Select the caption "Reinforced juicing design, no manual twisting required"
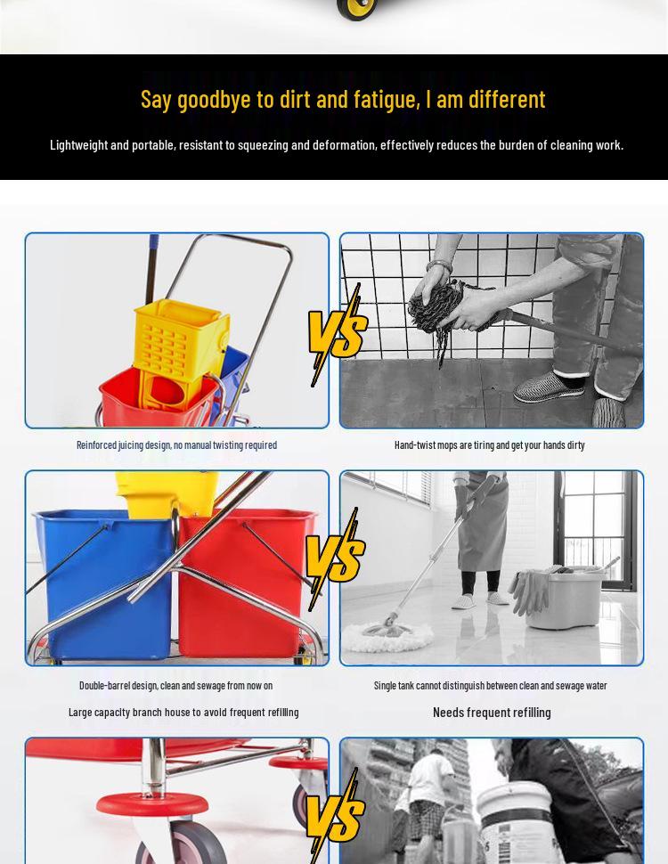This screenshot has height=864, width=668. click(x=176, y=445)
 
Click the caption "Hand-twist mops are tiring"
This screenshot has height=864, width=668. click(x=489, y=445)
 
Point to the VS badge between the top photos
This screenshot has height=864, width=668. click(x=337, y=335)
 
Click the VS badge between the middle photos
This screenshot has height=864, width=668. click(x=335, y=559)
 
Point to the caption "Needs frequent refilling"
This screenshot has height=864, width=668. click(x=492, y=713)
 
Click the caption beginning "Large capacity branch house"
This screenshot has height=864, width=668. click(x=183, y=713)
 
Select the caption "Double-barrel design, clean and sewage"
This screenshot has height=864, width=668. click(x=175, y=686)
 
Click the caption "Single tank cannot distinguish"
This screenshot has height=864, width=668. click(x=490, y=686)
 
